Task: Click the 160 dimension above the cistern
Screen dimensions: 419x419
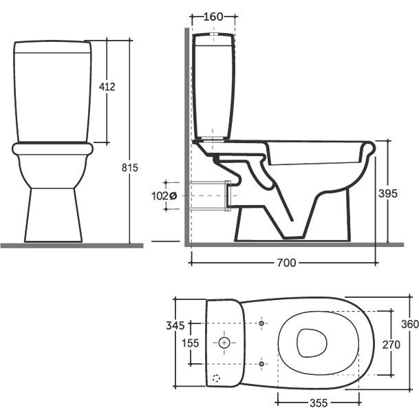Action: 213,17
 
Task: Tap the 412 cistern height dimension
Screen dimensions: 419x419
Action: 107,87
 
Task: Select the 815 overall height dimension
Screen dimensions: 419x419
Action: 130,168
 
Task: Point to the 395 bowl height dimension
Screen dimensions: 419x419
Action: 388,193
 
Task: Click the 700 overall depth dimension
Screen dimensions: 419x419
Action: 286,263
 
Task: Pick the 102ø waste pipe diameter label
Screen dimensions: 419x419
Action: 164,196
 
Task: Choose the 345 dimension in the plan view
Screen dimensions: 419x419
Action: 175,325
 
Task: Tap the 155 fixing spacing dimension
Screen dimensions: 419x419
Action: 191,343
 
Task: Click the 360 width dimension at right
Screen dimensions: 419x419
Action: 410,324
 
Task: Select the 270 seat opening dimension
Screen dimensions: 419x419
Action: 391,345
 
